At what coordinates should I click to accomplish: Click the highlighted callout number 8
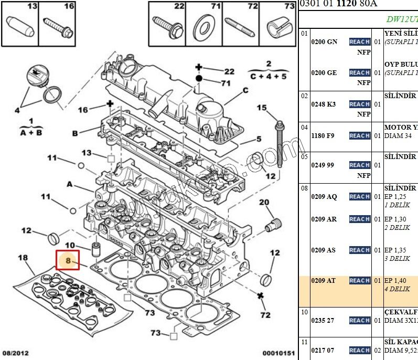click(68, 260)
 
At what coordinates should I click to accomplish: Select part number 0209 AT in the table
click(323, 281)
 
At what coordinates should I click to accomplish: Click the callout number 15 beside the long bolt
click(262, 108)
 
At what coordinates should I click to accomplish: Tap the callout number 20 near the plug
click(264, 203)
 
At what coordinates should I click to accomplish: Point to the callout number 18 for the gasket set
click(23, 258)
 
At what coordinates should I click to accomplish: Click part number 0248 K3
click(323, 104)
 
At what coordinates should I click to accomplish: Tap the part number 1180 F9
click(323, 136)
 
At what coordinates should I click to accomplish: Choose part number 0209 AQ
click(324, 197)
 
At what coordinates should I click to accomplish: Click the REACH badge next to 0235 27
click(360, 320)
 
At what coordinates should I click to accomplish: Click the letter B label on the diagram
click(75, 133)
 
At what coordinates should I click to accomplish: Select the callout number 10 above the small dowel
click(70, 245)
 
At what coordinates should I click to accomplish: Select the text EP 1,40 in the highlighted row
click(395, 281)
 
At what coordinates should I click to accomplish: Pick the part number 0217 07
click(323, 350)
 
